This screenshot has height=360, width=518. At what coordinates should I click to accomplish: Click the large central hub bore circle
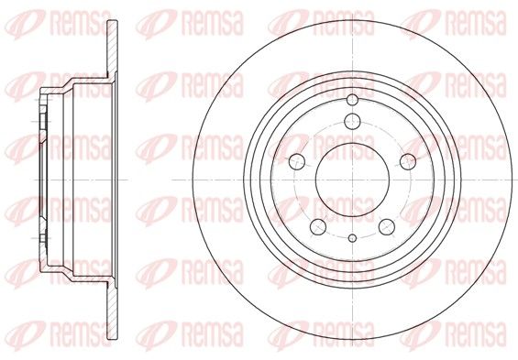352,180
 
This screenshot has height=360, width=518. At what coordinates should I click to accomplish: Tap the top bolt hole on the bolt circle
352,121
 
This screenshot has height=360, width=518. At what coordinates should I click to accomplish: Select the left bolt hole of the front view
297,162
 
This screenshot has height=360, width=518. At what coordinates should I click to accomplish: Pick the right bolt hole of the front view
408,162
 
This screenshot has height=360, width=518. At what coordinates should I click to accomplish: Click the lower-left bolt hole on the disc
318,227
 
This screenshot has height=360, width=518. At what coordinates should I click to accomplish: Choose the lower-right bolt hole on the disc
387,227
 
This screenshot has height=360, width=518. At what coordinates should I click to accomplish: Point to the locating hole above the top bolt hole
352,99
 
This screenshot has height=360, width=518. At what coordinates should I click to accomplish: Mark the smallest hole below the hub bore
352,238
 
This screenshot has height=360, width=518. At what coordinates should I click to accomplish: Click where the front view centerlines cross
352,180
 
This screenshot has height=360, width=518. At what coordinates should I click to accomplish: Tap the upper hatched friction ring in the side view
113,49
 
